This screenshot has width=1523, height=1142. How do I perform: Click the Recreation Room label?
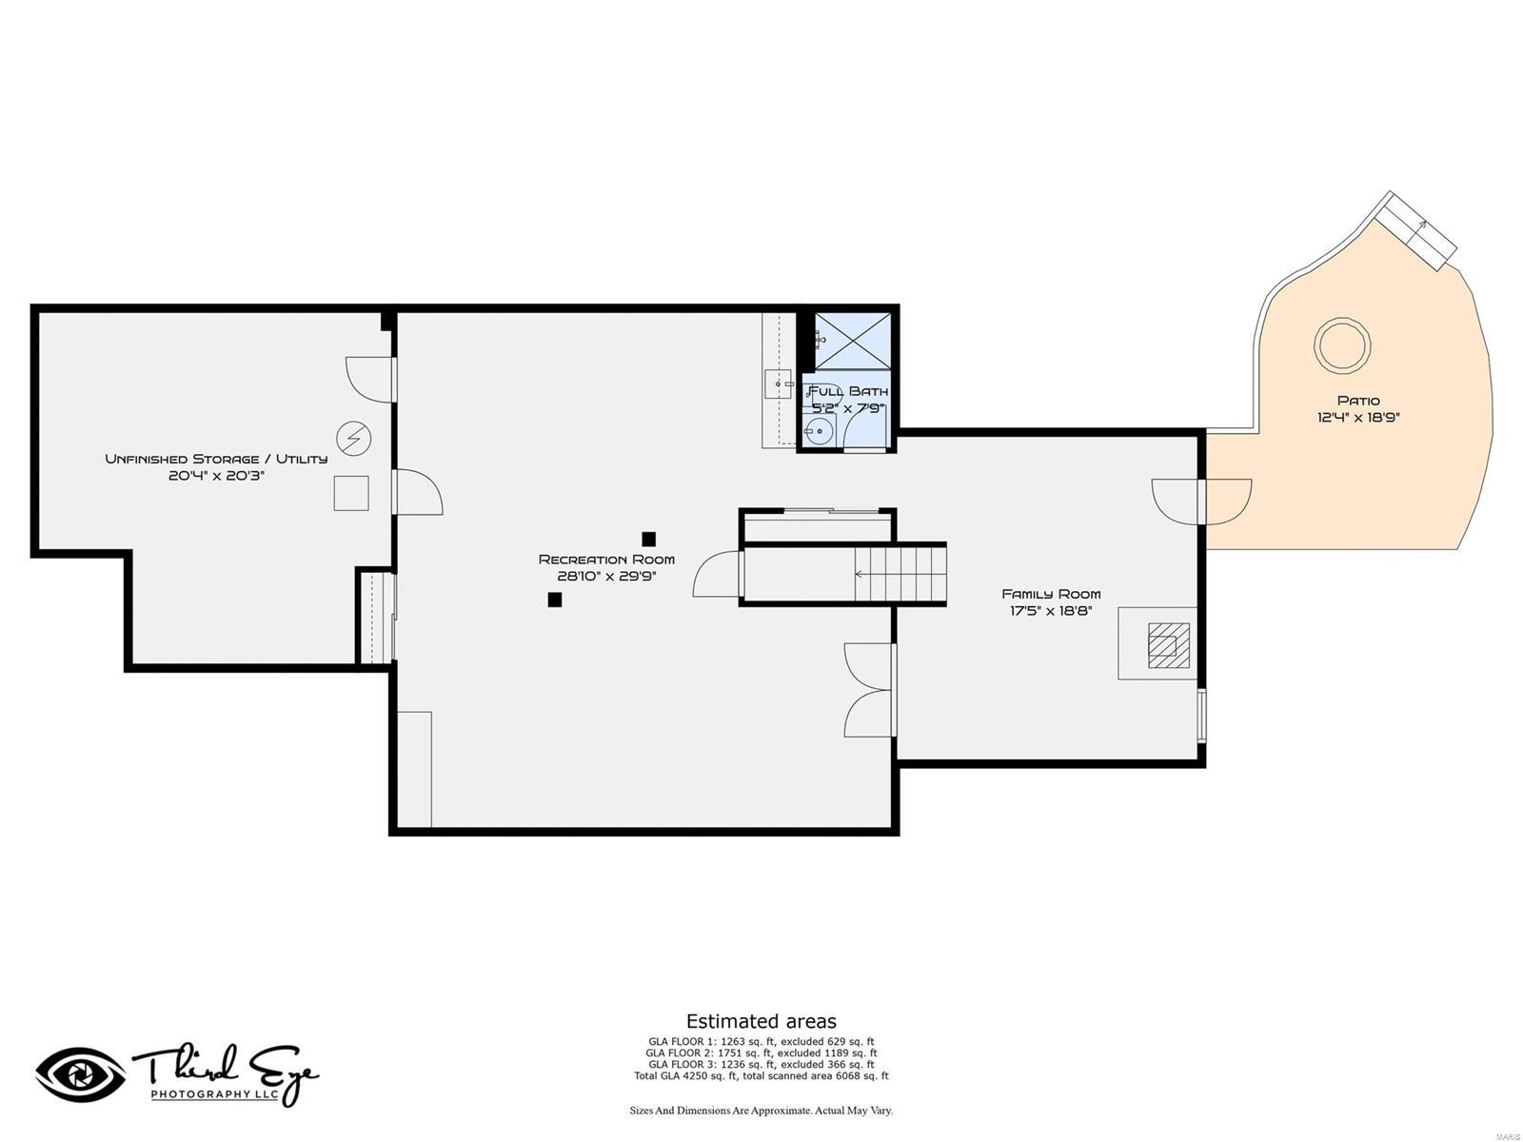[x=605, y=559]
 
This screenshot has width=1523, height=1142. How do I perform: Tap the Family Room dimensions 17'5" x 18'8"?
[x=1051, y=611]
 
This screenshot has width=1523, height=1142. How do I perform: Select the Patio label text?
[x=1358, y=400]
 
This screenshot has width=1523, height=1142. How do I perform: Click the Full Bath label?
[x=848, y=391]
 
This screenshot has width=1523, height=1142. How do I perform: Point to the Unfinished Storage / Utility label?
[x=216, y=459]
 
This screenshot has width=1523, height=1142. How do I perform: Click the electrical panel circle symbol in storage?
[x=353, y=438]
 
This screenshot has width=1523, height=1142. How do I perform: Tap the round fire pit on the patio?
[x=1342, y=345]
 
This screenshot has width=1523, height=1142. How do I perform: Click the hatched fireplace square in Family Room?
[x=1169, y=645]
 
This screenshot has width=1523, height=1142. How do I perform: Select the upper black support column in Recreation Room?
[x=648, y=539]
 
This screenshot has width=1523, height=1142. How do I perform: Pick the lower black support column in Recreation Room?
[x=554, y=600]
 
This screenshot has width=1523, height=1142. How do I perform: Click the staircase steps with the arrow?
[x=900, y=574]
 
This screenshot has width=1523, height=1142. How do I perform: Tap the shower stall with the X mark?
[x=852, y=341]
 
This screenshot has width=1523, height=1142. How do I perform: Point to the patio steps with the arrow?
[x=1416, y=230]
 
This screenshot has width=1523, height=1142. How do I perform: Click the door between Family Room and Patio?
[x=1202, y=502]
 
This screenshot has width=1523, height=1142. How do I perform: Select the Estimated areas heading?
[x=761, y=1020]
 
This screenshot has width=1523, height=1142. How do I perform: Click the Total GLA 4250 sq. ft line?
[x=761, y=1075]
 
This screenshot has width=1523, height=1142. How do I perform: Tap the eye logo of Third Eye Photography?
[x=81, y=1074]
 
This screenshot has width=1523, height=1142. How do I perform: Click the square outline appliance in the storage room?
[x=351, y=493]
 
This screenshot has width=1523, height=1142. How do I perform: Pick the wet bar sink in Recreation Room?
[x=778, y=384]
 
